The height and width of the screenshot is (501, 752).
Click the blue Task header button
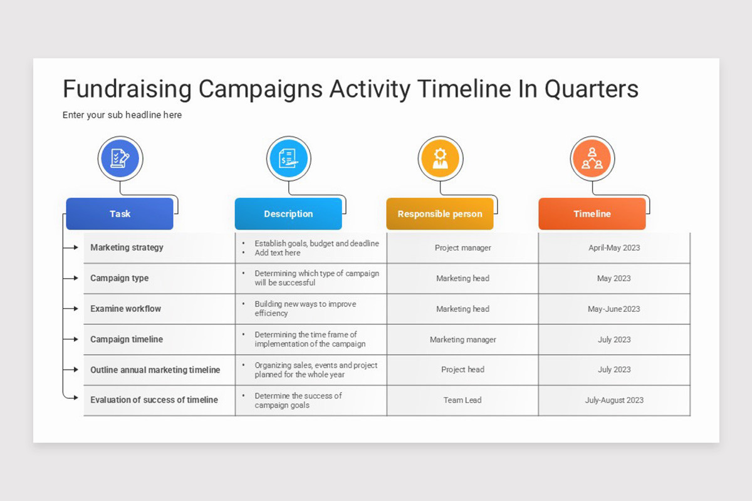[x=120, y=214]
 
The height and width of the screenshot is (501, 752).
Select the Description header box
[x=288, y=214]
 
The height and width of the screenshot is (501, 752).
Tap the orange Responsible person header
[x=440, y=214]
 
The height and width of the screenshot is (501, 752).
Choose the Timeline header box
[x=592, y=214]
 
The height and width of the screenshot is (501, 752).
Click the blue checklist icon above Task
[x=120, y=158]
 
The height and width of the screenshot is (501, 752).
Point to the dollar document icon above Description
[x=289, y=158]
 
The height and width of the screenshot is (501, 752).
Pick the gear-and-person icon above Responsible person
[x=441, y=158]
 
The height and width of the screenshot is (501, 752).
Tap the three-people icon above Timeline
[x=592, y=158]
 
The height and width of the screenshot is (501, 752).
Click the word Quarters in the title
[x=591, y=90]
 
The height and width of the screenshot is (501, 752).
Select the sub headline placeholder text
[x=122, y=115]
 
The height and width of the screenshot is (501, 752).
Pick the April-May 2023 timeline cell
[x=614, y=247]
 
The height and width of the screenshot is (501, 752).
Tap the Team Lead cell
[x=462, y=400]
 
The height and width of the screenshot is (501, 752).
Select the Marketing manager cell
[x=462, y=339]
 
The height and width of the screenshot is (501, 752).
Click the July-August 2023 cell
[x=614, y=400]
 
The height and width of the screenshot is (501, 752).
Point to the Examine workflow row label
[x=125, y=309]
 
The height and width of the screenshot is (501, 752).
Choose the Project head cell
[x=462, y=369]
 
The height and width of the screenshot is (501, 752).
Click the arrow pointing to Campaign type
[x=70, y=278]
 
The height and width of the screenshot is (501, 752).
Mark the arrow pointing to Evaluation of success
[x=70, y=397]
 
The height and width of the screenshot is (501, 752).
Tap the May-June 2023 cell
[x=614, y=309]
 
